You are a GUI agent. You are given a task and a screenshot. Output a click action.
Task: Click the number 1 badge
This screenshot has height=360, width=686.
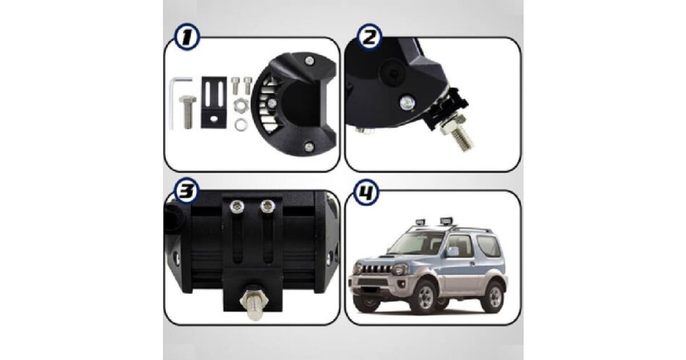click(x=187, y=37)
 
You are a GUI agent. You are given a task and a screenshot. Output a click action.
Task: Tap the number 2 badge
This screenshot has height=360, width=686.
click(x=370, y=37)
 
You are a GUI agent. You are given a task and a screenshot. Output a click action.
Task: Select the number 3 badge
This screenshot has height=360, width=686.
click(x=186, y=190)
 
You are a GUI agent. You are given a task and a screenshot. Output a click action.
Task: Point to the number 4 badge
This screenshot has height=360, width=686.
click(x=366, y=192)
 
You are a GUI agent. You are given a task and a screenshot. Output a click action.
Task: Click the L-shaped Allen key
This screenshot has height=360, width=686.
click(x=176, y=101)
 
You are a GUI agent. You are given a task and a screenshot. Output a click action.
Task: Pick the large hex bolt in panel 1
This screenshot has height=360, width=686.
click(x=188, y=112)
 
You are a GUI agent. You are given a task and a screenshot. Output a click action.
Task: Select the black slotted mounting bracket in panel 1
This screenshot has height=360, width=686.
click(x=214, y=102)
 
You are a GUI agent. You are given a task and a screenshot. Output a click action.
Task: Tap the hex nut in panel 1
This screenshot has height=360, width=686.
click(x=241, y=106)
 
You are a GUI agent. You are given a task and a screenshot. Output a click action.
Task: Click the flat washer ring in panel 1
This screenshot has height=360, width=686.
click(x=241, y=125)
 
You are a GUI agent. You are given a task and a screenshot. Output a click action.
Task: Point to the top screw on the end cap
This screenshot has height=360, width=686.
click(x=310, y=61)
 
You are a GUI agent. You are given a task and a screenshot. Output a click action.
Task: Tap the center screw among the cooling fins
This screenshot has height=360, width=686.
click(x=272, y=103)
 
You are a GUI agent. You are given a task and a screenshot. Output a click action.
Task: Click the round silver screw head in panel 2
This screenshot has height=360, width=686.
click(x=407, y=102)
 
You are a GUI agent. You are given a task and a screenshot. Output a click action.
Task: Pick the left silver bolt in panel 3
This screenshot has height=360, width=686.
click(x=237, y=206)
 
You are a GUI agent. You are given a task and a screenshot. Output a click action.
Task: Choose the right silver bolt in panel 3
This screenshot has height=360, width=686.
click(x=268, y=206)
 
